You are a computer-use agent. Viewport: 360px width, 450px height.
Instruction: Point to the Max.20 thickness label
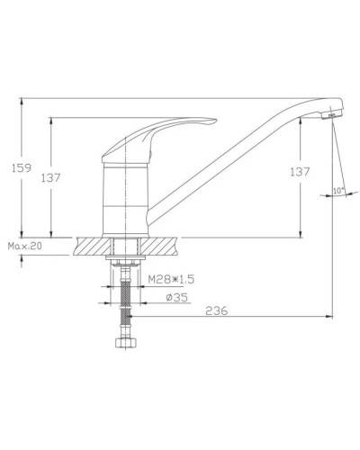click(26, 244)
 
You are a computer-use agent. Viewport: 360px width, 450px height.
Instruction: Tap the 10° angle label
click(337, 191)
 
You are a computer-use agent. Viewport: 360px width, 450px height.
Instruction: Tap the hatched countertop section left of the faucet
click(92, 244)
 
